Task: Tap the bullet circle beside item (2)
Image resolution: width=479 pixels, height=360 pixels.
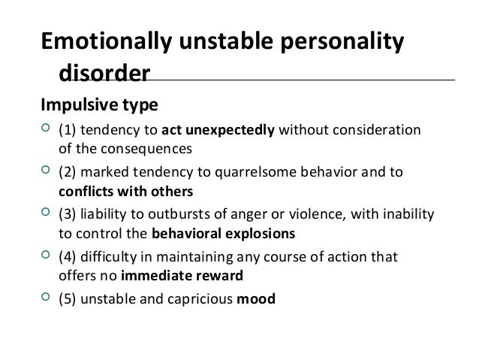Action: [47, 172]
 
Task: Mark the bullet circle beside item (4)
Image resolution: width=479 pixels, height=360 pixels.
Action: [47, 256]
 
